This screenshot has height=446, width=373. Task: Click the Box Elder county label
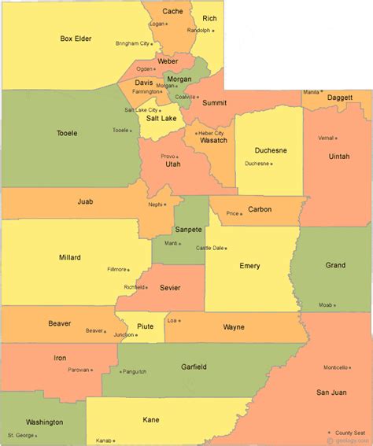click(x=76, y=38)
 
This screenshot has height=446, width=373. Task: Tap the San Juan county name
click(x=331, y=392)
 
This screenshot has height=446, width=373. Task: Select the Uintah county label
click(x=339, y=157)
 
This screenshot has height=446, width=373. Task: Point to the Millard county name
click(x=69, y=257)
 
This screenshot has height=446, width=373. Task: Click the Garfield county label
click(x=193, y=367)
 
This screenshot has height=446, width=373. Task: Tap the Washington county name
click(x=44, y=422)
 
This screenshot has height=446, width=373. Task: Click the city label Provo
click(x=168, y=157)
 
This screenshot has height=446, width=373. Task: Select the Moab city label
click(x=325, y=305)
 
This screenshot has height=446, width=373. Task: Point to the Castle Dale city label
click(x=209, y=248)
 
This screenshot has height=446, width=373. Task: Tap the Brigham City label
click(x=132, y=43)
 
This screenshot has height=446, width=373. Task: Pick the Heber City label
click(x=211, y=133)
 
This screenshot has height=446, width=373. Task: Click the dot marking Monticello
click(x=352, y=368)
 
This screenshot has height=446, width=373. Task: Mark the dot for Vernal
click(x=337, y=138)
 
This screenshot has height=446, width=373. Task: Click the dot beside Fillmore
click(x=130, y=270)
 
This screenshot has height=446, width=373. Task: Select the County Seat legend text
click(x=351, y=432)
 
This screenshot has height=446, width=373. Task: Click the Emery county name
click(x=249, y=266)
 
